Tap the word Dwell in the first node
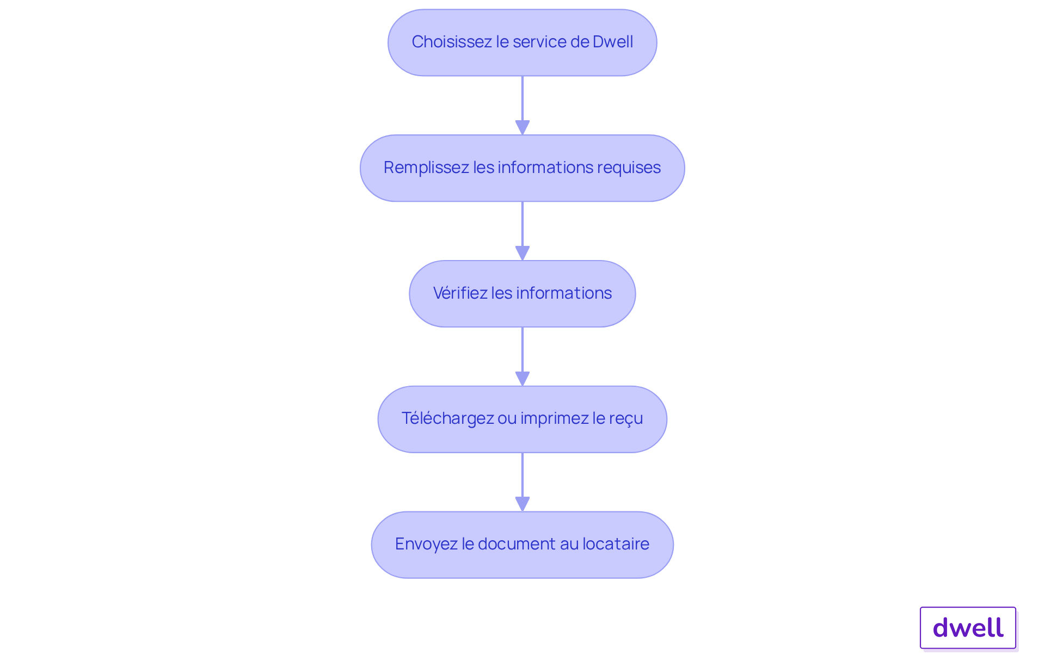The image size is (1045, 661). [612, 42]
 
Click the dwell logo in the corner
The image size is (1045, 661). [968, 628]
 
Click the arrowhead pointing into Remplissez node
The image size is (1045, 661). [522, 128]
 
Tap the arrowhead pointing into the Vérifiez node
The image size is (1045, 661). [522, 254]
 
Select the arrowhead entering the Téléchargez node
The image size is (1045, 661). [522, 379]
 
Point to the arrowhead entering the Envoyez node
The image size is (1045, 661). [522, 504]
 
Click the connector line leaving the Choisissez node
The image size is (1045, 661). [522, 98]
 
